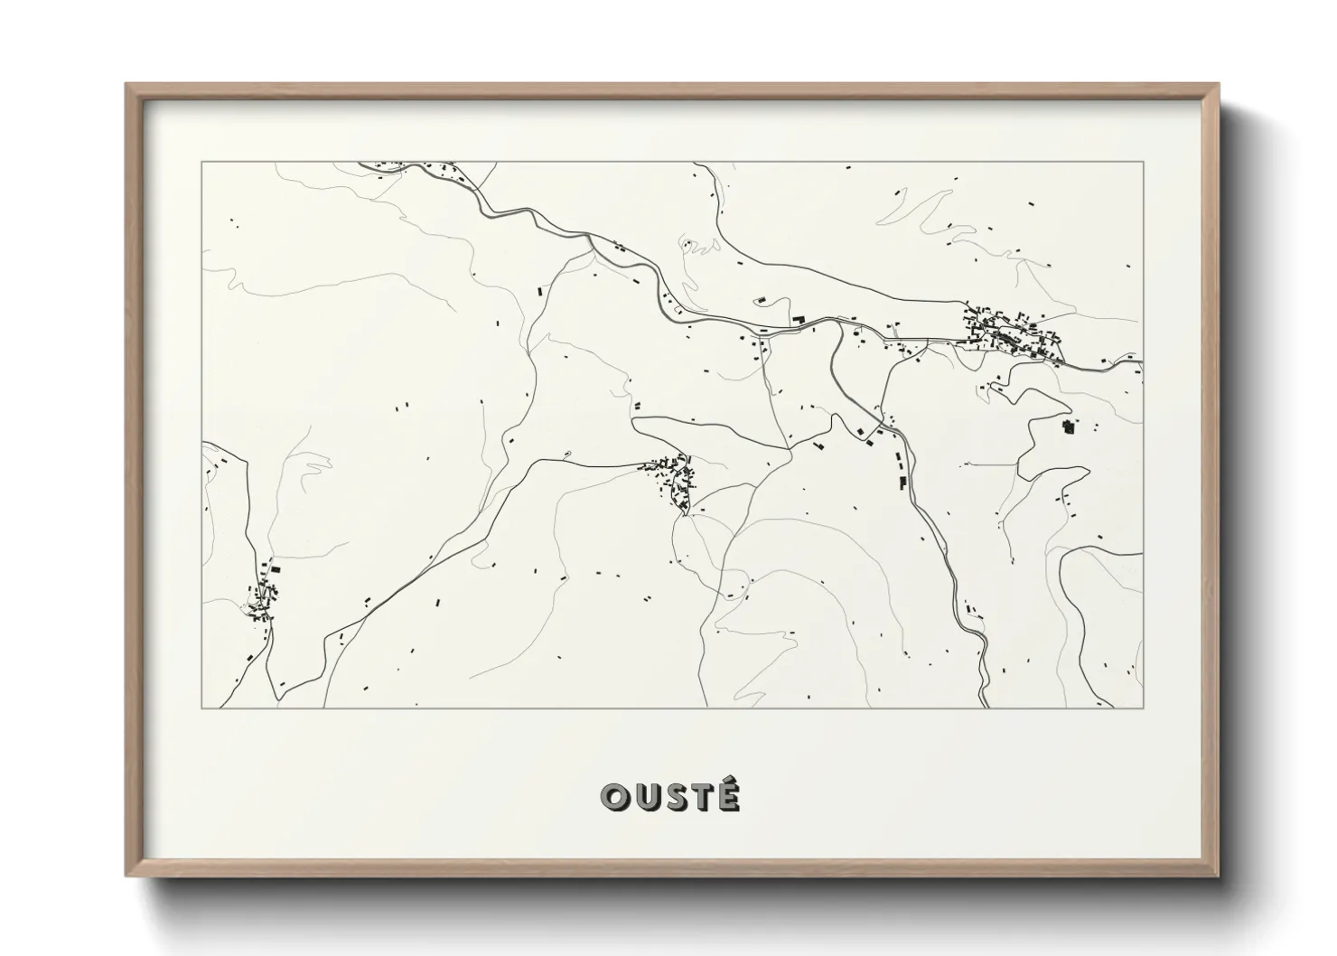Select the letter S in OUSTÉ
(673, 797)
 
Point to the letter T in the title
(701, 797)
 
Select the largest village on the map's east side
(1012, 332)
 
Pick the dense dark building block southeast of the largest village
(1069, 426)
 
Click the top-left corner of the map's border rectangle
(201, 162)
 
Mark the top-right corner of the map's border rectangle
(1144, 162)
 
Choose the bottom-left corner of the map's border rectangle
(201, 708)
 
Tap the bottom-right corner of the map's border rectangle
(1144, 708)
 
